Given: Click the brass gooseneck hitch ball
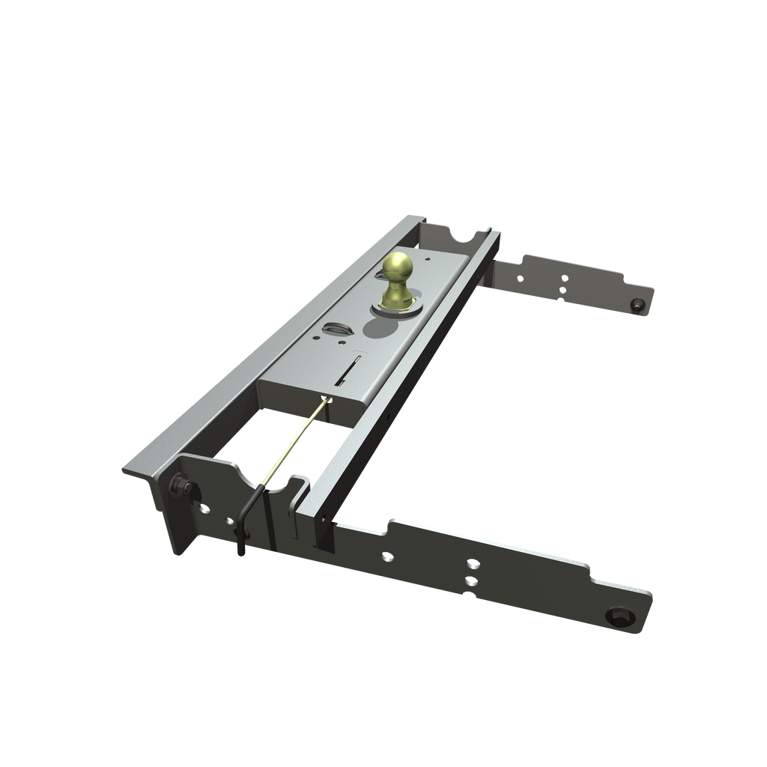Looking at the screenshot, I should [x=398, y=267].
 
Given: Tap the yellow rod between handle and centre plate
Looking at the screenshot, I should [x=295, y=441].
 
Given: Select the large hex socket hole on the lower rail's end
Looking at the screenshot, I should [x=622, y=616].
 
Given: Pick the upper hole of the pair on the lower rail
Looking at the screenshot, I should [x=473, y=564].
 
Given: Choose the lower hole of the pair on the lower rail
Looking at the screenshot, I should [x=470, y=581].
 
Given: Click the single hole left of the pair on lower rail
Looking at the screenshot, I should [x=386, y=557].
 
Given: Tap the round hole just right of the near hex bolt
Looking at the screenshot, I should [x=204, y=509].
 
